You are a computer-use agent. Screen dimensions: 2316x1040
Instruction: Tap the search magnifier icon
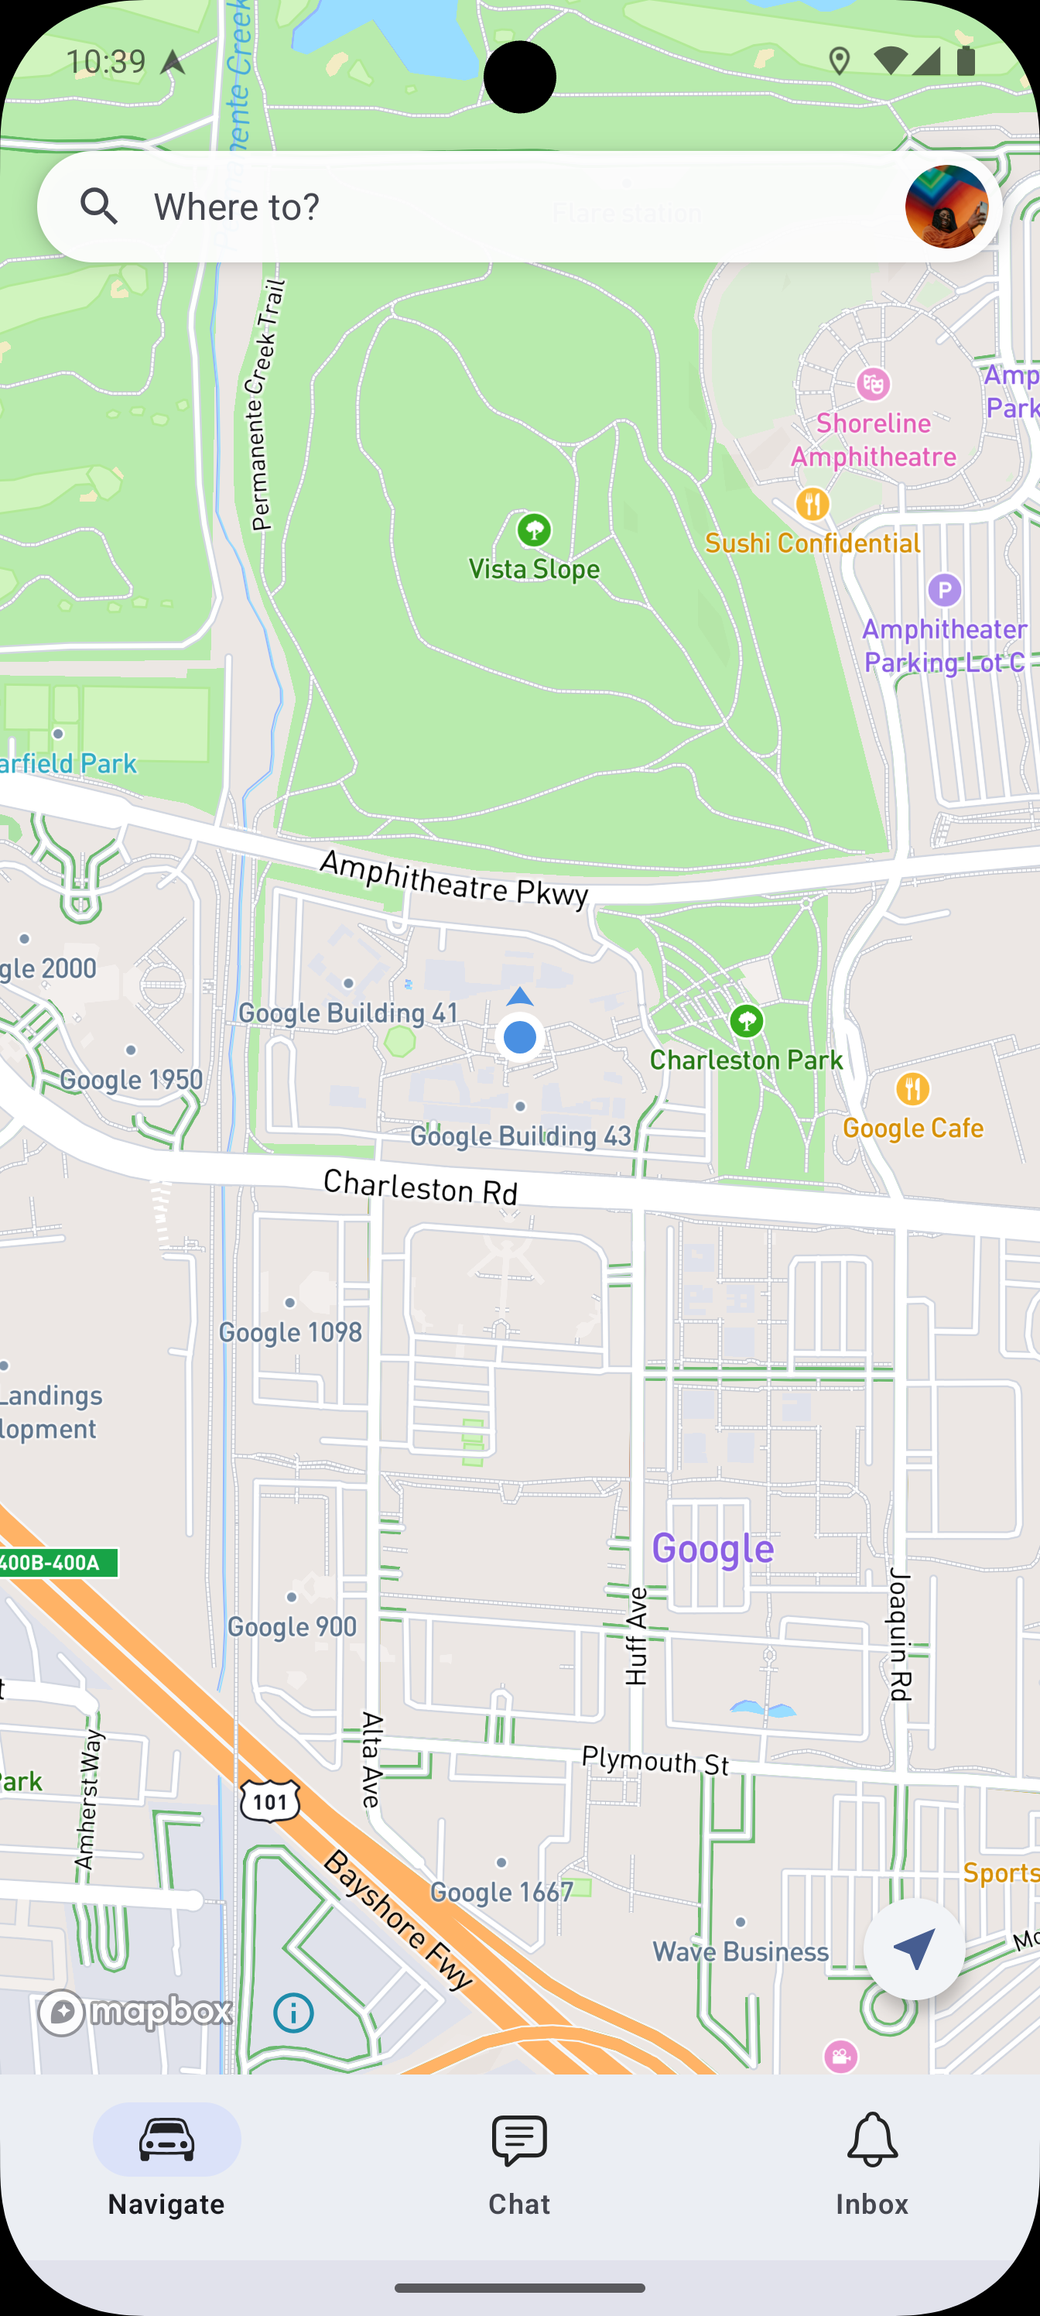coord(99,207)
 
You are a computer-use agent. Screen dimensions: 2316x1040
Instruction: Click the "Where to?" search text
coord(237,207)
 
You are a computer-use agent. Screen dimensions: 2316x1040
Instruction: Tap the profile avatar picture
coord(946,207)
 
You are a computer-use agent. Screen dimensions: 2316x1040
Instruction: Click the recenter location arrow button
coord(913,1948)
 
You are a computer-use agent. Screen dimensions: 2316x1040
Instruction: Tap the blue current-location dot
coord(519,1036)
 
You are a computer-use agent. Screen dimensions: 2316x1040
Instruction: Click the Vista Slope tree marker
coord(534,529)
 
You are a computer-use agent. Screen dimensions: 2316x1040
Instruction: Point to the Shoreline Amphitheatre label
coord(873,440)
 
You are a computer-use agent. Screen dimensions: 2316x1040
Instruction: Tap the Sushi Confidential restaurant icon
coord(812,503)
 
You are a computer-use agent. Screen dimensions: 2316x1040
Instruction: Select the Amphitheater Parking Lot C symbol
coord(944,591)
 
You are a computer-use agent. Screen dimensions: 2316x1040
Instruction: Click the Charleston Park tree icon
coord(746,1021)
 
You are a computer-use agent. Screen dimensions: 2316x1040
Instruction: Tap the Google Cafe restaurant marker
coord(912,1089)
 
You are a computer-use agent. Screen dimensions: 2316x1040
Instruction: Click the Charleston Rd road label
coord(419,1187)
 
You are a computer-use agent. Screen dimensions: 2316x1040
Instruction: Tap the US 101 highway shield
coord(269,1800)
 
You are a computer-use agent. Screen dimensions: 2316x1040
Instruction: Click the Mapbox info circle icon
coord(293,2013)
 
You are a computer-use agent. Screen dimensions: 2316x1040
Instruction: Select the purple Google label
coord(712,1548)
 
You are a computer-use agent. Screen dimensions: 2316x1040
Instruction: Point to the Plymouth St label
coord(655,1759)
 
